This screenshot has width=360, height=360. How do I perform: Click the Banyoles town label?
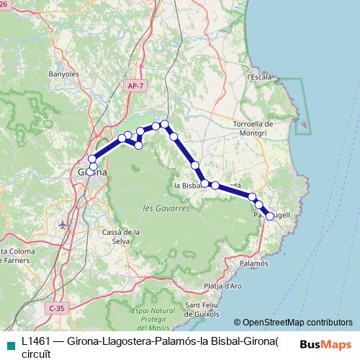[x=42, y=73]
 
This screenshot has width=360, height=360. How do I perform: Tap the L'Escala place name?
[x=259, y=76]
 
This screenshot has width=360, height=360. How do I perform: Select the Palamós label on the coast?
[x=254, y=264]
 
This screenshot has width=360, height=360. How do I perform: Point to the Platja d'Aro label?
[x=223, y=286]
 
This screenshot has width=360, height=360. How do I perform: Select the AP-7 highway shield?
[x=134, y=86]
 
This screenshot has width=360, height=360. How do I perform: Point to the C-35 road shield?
[x=56, y=308]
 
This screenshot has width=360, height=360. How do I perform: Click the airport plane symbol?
[x=63, y=224]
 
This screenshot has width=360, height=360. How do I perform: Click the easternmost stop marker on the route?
[x=269, y=216]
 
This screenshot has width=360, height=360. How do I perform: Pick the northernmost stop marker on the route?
[x=165, y=124]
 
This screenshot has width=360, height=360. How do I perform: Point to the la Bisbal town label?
[x=186, y=186]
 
